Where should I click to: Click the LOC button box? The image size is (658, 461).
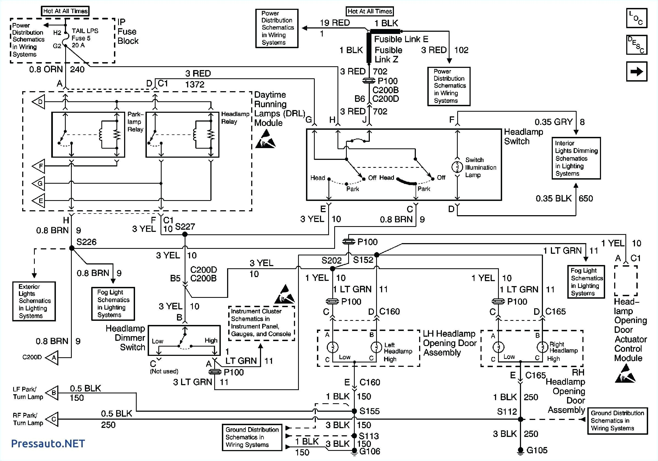(x=637, y=18)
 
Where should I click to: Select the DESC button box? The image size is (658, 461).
(x=637, y=45)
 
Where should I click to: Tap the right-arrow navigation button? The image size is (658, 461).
(x=637, y=71)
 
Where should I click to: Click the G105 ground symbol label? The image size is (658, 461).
(x=537, y=450)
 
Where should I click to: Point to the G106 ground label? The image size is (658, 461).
(x=370, y=451)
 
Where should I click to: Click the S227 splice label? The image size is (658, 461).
(x=185, y=227)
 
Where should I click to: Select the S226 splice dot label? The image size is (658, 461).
(x=86, y=242)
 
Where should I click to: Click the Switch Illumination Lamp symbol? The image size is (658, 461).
(x=457, y=167)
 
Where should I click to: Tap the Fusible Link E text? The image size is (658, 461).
(x=401, y=39)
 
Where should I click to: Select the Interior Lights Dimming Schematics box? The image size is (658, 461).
(x=576, y=158)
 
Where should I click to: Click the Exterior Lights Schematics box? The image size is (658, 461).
(x=34, y=301)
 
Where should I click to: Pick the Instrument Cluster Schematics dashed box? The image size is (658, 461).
(x=261, y=323)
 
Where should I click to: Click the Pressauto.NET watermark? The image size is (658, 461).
(x=48, y=443)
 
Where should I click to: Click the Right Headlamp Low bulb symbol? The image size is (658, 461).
(x=498, y=347)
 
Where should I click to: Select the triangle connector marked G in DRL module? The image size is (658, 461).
(x=39, y=183)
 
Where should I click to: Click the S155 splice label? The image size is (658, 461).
(x=370, y=411)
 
